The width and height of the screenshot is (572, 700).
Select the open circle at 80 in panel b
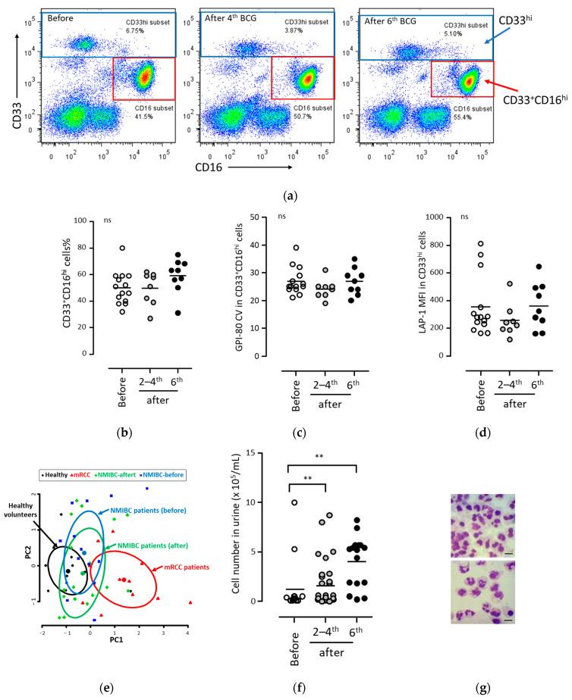(x=101, y=248)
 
